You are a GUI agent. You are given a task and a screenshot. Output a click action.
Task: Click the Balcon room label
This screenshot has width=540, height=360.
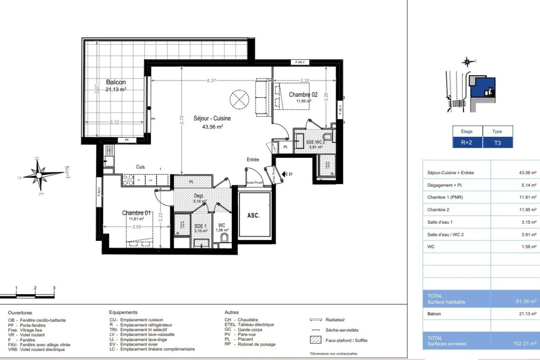pyautogui.click(x=116, y=82)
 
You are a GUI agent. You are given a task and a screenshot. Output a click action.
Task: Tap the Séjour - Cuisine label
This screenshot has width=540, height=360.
pyautogui.click(x=212, y=119)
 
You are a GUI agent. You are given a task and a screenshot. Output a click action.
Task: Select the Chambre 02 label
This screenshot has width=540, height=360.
pyautogui.click(x=303, y=94)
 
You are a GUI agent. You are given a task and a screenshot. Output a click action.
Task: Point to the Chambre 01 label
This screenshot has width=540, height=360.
pyautogui.click(x=136, y=213)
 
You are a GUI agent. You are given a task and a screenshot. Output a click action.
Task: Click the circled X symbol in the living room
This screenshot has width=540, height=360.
pyautogui.click(x=238, y=99)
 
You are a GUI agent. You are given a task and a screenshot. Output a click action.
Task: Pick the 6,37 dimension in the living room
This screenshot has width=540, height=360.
pyautogui.click(x=211, y=81)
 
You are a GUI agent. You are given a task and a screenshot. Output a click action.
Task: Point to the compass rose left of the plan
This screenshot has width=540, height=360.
pyautogui.click(x=40, y=174)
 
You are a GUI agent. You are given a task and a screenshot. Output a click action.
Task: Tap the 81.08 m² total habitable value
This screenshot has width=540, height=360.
pyautogui.click(x=527, y=302)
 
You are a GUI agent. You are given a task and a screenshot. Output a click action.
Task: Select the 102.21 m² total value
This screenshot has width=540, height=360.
pyautogui.click(x=527, y=344)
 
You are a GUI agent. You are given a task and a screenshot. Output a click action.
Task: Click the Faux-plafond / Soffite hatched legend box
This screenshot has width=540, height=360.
pyautogui.click(x=315, y=340)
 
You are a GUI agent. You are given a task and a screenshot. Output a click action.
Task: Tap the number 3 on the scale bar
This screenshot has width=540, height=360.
pyautogui.click(x=54, y=288)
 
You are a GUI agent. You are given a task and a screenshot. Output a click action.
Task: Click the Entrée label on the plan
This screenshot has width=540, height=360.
pyautogui.click(x=253, y=160)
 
